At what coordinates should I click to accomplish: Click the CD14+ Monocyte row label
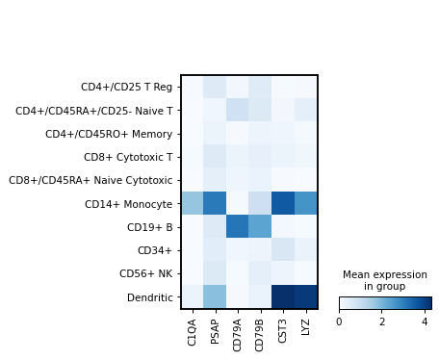pyautogui.click(x=129, y=203)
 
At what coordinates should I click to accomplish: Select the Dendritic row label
pyautogui.click(x=149, y=296)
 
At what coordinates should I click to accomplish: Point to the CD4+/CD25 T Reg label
pyautogui.click(x=126, y=87)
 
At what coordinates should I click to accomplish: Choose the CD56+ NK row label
pyautogui.click(x=145, y=273)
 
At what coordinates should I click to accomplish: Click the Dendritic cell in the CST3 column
pyautogui.click(x=283, y=296)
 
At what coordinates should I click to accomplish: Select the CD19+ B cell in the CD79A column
pyautogui.click(x=238, y=226)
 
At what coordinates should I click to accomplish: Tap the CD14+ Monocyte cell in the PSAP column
pyautogui.click(x=215, y=203)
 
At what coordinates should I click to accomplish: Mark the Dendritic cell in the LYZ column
pyautogui.click(x=306, y=296)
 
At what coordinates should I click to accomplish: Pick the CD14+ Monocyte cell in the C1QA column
pyautogui.click(x=193, y=203)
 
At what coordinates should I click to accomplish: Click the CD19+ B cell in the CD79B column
pyautogui.click(x=261, y=226)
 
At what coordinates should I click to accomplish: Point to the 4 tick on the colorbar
pyautogui.click(x=425, y=321)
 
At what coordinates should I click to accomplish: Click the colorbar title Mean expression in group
pyautogui.click(x=385, y=280)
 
